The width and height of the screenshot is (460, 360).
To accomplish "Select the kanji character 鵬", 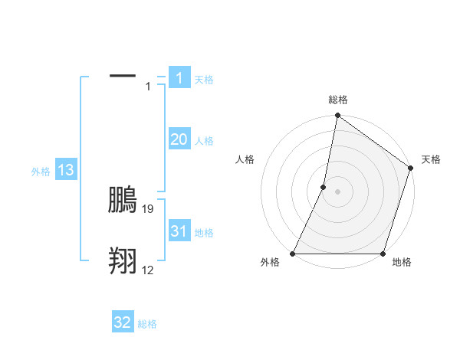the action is (123, 198).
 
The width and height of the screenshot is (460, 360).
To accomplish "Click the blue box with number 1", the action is (179, 77).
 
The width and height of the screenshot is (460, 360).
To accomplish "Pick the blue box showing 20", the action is (179, 139).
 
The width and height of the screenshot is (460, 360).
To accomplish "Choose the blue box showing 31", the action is (179, 231).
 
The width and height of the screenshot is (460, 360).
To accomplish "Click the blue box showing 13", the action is (66, 170).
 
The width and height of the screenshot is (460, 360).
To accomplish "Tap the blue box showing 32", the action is (123, 322).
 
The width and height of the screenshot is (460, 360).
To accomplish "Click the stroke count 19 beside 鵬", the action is (149, 208).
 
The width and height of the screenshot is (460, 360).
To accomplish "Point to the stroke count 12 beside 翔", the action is (148, 270).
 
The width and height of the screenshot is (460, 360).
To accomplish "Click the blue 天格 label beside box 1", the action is (204, 79).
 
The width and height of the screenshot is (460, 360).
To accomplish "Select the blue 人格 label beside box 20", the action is (204, 141).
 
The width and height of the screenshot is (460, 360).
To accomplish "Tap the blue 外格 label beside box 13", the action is (41, 172).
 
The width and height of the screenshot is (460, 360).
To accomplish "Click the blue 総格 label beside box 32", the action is (147, 324).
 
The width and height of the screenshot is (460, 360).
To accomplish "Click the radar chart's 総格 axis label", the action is (338, 100).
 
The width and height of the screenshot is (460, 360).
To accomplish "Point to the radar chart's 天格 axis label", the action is (431, 159).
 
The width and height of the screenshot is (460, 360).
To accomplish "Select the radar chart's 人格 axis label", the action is (245, 159).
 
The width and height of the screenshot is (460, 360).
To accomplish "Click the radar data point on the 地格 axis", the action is (383, 254).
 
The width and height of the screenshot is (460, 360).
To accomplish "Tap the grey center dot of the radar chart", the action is (338, 191).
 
